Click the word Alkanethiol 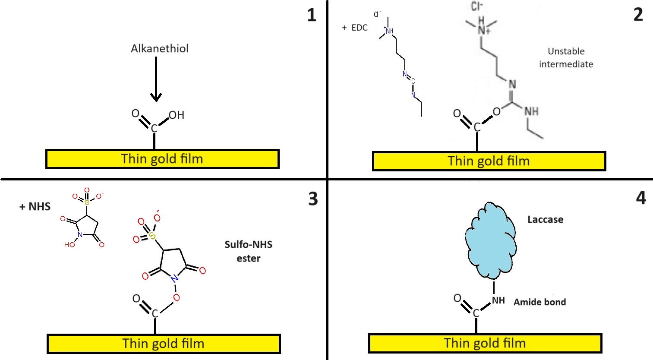pos(160,48)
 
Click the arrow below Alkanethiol pos(156,80)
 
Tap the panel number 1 pos(312,16)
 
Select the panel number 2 pos(638,15)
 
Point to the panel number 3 pos(313,199)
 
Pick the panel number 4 pos(641,198)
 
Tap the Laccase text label pos(545,220)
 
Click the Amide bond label pos(539,302)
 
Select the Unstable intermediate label pos(566,57)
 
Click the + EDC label pos(355,28)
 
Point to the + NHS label pos(35,207)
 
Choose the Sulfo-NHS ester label pos(249,251)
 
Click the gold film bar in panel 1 pos(162,159)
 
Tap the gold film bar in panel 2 pos(489,161)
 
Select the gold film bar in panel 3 pos(164,344)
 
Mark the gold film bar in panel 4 pos(485,343)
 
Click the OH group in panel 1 pos(177,115)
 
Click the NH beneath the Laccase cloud pos(498,300)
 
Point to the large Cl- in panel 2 pos(477,6)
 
